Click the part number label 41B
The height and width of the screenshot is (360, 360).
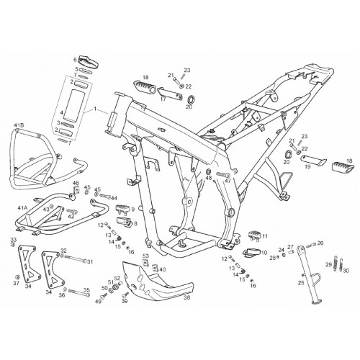click(x=19, y=125)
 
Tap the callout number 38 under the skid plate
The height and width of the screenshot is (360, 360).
click(x=186, y=298)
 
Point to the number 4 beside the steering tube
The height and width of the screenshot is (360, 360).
click(x=61, y=112)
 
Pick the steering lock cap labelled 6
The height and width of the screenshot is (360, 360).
click(x=89, y=62)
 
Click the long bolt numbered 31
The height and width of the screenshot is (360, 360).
click(x=74, y=258)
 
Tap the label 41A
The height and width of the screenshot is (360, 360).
click(x=23, y=207)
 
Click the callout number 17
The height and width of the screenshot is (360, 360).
click(x=163, y=99)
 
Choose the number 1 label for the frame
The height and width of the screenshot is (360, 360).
click(x=95, y=109)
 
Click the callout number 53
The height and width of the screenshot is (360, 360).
click(x=145, y=256)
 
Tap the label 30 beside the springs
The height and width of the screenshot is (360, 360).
click(x=346, y=271)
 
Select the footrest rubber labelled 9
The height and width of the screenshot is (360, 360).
click(x=122, y=208)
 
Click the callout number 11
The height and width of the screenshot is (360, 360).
click(x=265, y=236)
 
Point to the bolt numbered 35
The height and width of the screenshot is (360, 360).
click(x=79, y=292)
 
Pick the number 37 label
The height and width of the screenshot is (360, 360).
click(x=16, y=284)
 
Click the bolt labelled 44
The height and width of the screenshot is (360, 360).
click(x=104, y=196)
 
